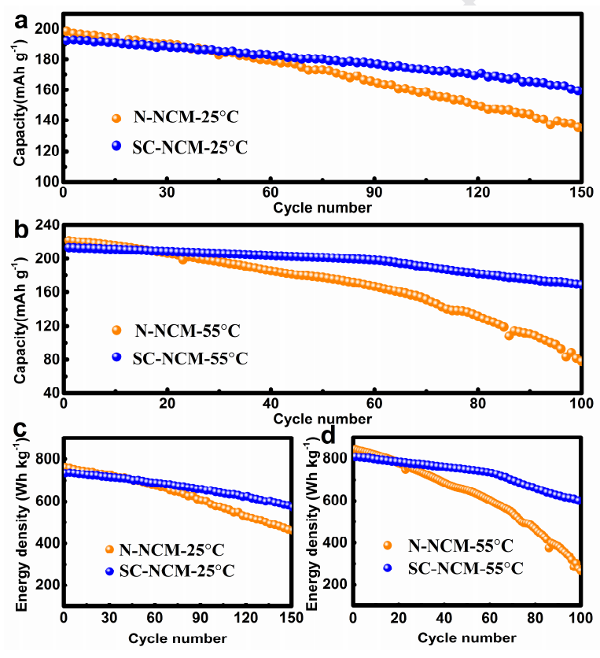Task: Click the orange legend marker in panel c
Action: (x=110, y=549)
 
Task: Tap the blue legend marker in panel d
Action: (x=386, y=567)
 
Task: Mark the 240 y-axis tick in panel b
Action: (x=46, y=225)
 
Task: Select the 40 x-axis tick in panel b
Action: (x=271, y=405)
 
